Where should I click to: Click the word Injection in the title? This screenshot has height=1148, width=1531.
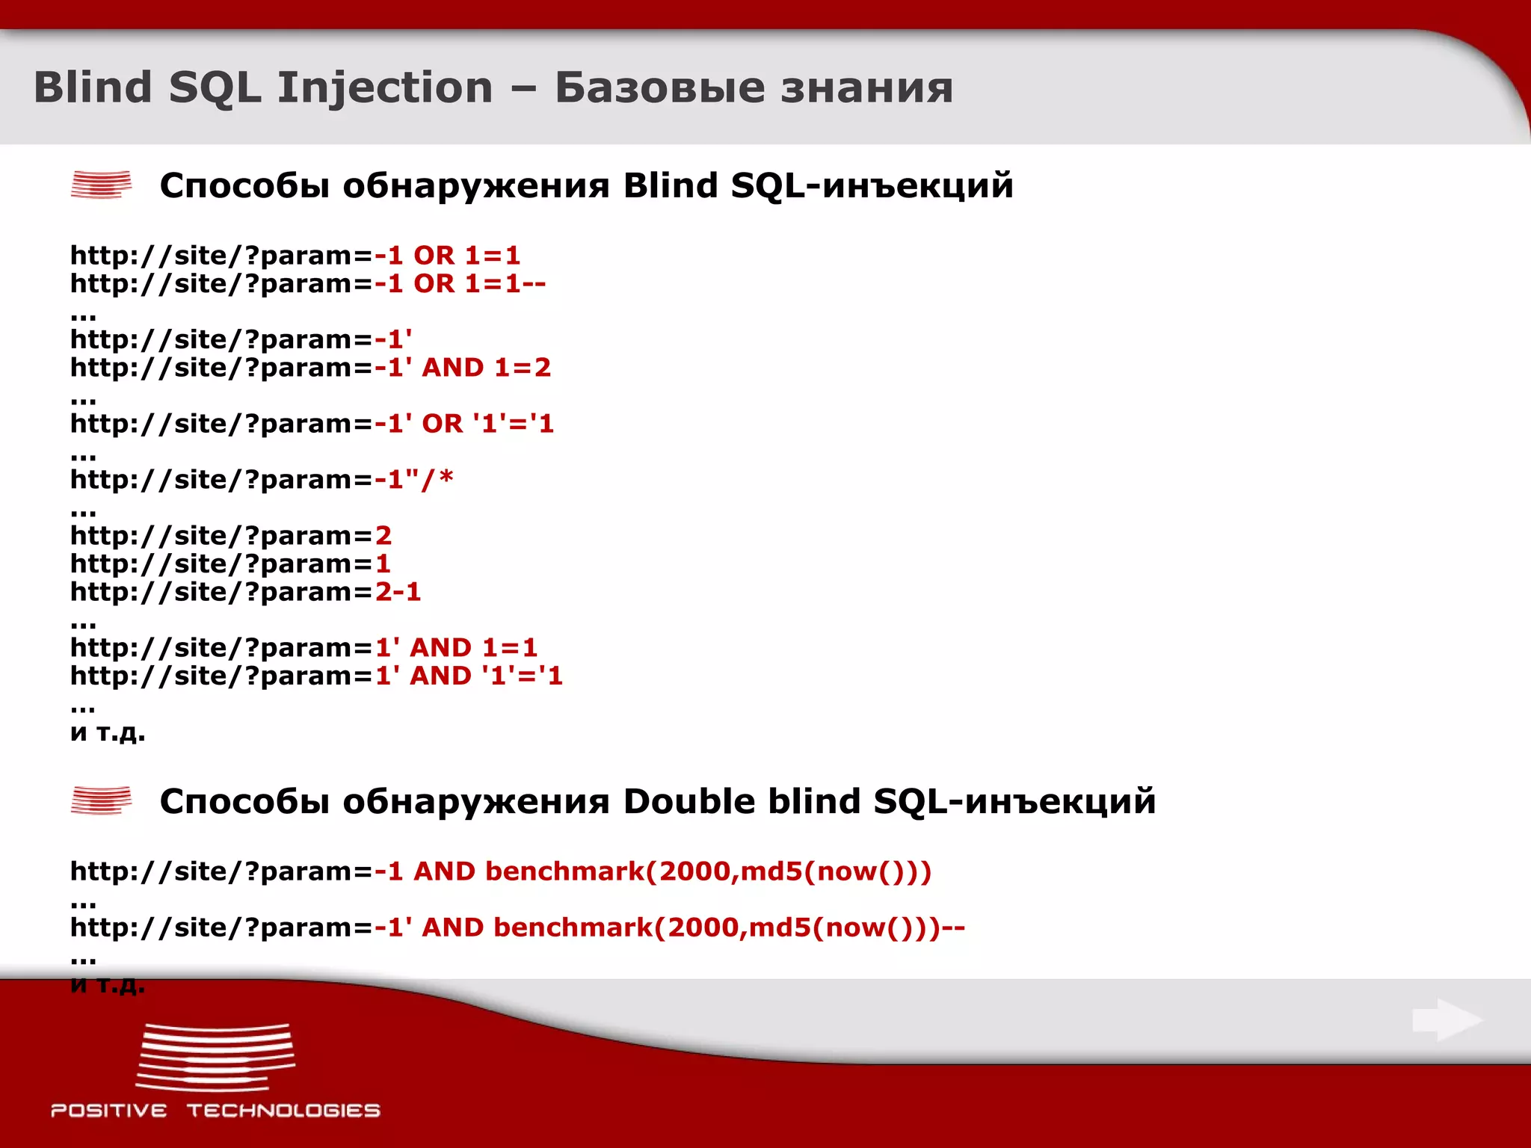point(385,88)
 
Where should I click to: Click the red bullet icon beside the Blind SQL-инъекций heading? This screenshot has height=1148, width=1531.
point(101,185)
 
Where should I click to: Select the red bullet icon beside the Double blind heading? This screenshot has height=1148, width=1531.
point(101,800)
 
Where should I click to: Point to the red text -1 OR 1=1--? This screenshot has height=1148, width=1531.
point(460,284)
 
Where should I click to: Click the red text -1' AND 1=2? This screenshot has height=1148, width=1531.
point(463,368)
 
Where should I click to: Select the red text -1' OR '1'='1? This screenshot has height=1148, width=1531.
point(464,424)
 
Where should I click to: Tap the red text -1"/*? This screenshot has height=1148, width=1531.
point(414,479)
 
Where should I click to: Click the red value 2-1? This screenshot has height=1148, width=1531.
point(398,592)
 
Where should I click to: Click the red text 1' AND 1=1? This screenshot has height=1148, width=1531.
point(456,647)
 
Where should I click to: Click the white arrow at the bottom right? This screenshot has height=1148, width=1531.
point(1447,1019)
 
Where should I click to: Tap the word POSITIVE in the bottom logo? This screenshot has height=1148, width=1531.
point(109,1111)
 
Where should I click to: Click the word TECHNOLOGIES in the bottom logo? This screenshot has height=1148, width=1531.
point(283,1111)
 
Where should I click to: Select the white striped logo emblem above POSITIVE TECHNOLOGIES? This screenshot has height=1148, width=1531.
point(215,1057)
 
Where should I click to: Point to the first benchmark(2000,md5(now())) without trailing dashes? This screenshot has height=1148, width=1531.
point(708,871)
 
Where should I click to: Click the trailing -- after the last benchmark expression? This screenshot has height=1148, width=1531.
point(953,928)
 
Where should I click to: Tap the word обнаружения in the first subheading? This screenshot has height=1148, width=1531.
point(476,185)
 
